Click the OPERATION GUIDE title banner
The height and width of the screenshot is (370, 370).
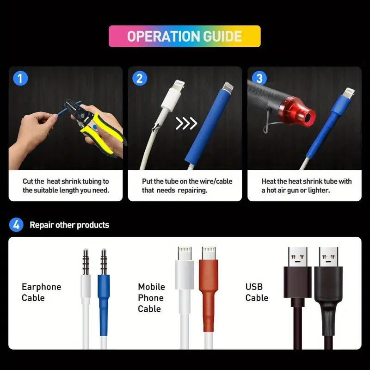click(185, 36)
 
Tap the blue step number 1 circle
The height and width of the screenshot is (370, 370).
click(20, 78)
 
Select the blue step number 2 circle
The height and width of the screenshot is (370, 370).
click(140, 78)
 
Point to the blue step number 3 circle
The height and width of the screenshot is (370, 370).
click(259, 78)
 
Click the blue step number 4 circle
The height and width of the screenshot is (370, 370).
click(16, 225)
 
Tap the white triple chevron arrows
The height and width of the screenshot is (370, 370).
click(186, 123)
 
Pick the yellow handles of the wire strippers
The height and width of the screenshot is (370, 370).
click(101, 133)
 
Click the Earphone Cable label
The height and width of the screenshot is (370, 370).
click(41, 292)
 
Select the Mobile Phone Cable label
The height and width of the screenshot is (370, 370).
click(151, 297)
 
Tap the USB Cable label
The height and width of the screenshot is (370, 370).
click(257, 292)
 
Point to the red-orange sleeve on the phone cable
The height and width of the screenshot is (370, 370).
click(209, 296)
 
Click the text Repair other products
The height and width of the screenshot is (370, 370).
click(69, 225)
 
